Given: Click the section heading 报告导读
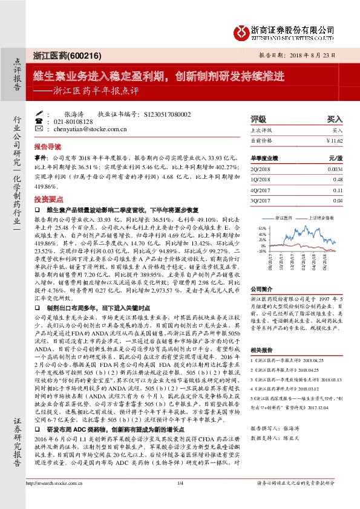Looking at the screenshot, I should click(48, 147).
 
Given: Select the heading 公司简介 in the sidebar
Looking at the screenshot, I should click(262, 288).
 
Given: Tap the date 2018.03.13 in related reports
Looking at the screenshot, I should click(336, 361).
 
